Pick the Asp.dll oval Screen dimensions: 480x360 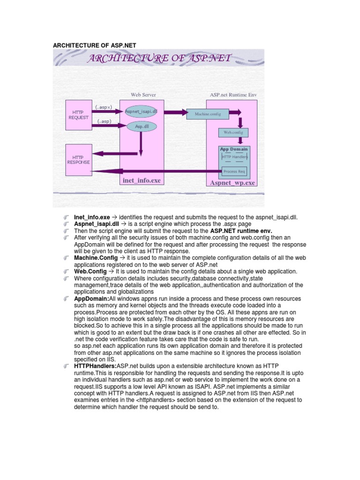click(x=140, y=126)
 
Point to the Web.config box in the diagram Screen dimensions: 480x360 click(x=233, y=133)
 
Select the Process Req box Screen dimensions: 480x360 click(x=234, y=172)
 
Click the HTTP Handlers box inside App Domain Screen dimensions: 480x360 click(x=234, y=157)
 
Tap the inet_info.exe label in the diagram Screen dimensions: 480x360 click(x=142, y=180)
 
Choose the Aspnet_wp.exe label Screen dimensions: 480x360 click(x=232, y=183)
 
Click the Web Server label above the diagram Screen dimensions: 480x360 click(x=143, y=95)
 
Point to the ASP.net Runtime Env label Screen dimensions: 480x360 click(x=233, y=95)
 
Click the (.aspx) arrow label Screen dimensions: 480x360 click(x=104, y=107)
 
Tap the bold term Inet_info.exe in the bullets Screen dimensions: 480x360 click(x=92, y=218)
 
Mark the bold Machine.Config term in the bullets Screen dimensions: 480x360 click(x=93, y=258)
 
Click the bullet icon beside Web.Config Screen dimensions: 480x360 click(x=67, y=271)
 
